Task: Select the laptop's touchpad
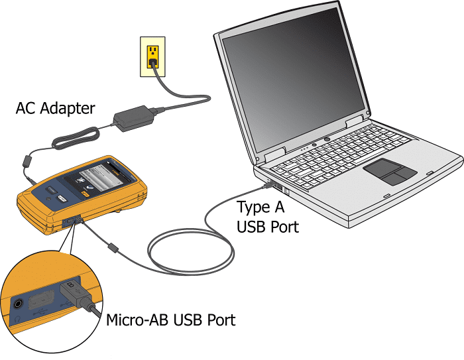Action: tap(390, 172)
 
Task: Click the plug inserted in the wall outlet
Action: tap(153, 64)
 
